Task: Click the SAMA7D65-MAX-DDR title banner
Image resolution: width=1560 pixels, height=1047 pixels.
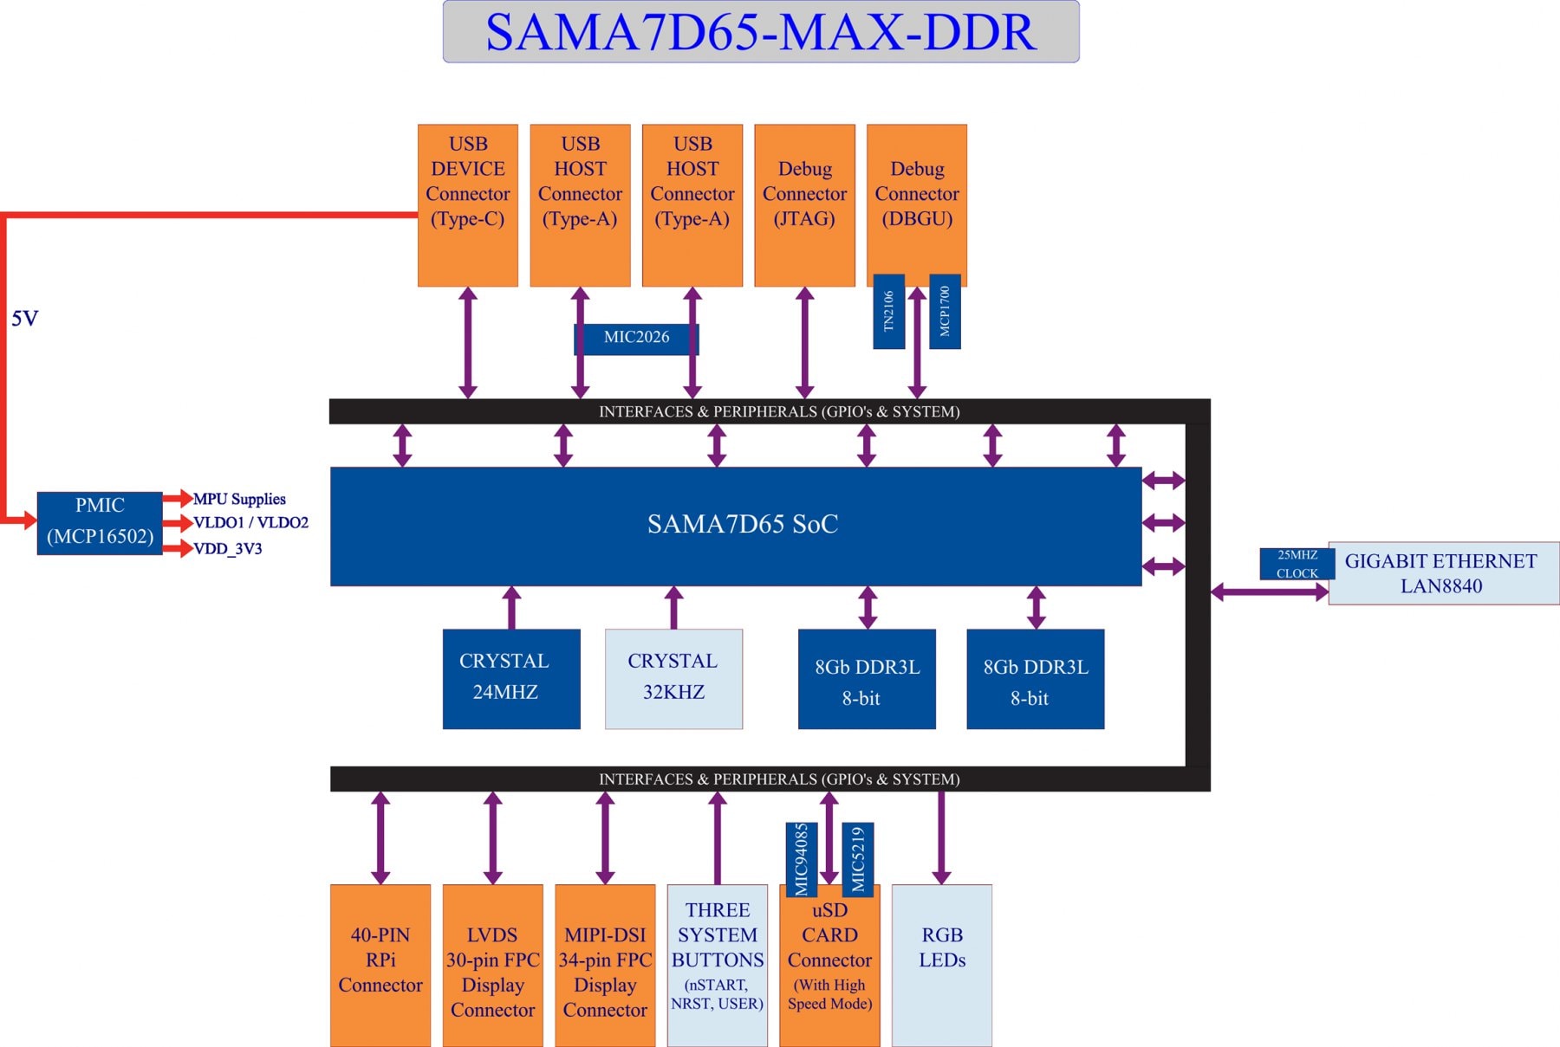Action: click(760, 32)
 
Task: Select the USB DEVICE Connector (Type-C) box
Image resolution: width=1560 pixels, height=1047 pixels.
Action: click(467, 205)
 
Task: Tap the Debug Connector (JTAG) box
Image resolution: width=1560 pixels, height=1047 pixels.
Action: click(804, 205)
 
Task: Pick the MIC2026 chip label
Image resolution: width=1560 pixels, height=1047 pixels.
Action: click(636, 338)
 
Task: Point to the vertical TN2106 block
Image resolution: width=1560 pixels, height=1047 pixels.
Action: click(888, 312)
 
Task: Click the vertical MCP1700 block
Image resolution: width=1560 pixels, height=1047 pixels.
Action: click(945, 312)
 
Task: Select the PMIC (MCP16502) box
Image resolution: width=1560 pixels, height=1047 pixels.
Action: click(100, 522)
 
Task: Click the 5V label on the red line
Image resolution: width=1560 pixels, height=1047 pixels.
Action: click(25, 319)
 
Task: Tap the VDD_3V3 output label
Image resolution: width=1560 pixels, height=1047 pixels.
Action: click(228, 549)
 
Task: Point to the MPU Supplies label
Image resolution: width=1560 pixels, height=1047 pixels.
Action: click(239, 499)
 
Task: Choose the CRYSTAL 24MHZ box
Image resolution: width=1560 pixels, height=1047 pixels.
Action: click(510, 678)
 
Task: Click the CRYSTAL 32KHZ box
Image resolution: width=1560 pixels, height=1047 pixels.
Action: click(673, 678)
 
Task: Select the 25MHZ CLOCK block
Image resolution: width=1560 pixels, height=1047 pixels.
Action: click(1297, 564)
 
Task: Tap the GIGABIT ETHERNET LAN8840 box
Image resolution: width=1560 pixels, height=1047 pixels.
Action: click(1443, 573)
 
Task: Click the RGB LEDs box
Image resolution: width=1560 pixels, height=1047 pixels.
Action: click(941, 965)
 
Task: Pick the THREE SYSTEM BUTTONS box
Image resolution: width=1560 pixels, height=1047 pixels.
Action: click(717, 965)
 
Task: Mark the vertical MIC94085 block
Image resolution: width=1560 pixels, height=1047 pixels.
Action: click(801, 859)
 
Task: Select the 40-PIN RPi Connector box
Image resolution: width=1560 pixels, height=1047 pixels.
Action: click(380, 965)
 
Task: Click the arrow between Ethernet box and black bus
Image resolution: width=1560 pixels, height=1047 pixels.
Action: click(1269, 592)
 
